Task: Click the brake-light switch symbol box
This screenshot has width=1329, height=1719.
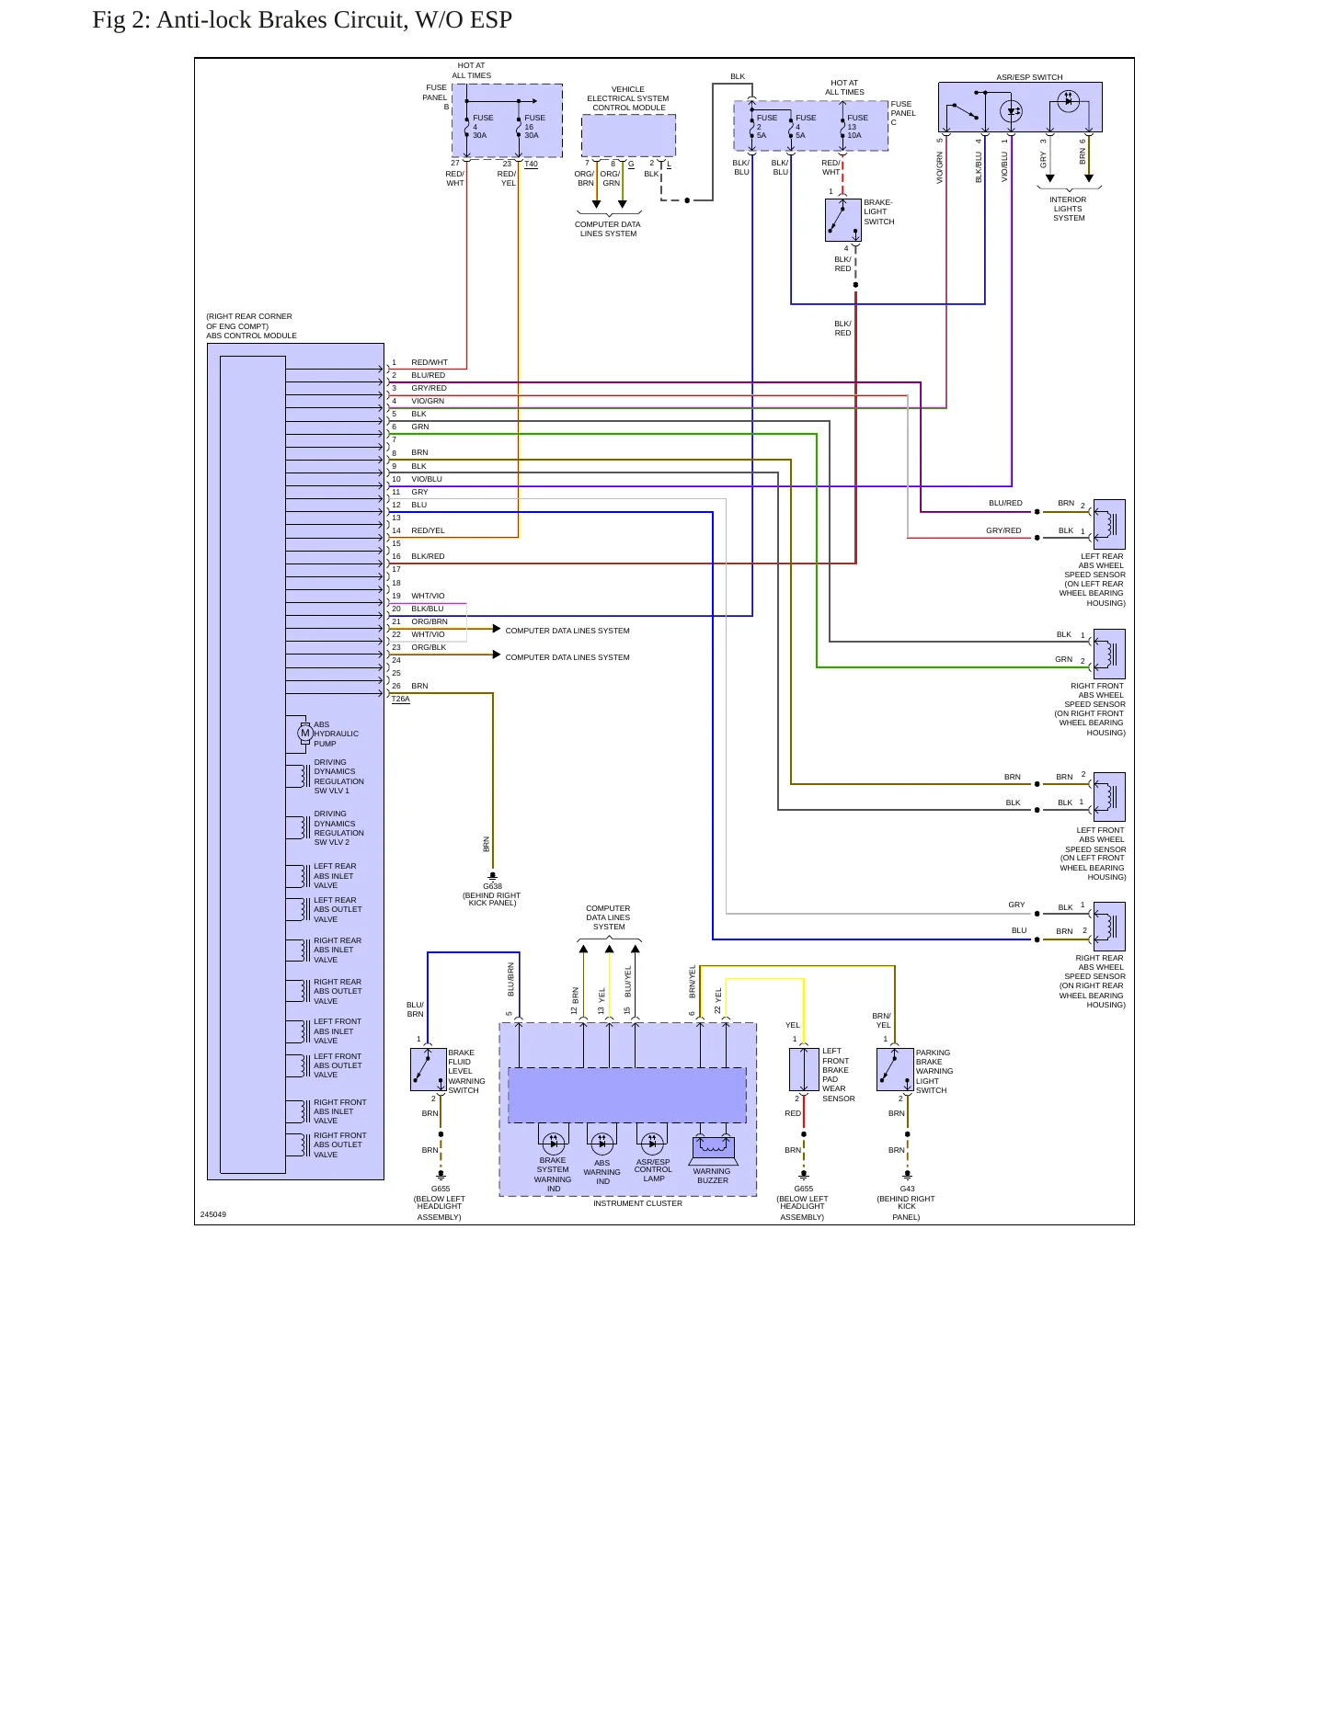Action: click(842, 220)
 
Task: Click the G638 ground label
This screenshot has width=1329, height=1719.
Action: click(493, 886)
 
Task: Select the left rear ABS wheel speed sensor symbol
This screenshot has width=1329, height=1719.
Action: click(1109, 524)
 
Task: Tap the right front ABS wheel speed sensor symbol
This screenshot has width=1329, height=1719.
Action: click(1109, 654)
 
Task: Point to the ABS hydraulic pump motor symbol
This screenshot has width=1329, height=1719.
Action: click(305, 733)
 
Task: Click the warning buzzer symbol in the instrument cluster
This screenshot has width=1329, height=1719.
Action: click(713, 1147)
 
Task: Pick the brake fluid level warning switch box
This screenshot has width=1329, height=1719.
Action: click(428, 1069)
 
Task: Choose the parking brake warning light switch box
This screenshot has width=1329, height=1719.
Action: click(895, 1069)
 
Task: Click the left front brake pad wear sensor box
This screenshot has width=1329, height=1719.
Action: click(804, 1069)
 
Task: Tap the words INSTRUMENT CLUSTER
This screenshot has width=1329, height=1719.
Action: click(637, 1203)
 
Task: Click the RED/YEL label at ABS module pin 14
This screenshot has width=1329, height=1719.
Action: click(428, 530)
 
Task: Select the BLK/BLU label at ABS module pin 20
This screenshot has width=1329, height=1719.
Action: click(427, 609)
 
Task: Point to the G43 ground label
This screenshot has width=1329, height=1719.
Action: click(907, 1189)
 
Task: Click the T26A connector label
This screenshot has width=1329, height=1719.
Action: click(400, 699)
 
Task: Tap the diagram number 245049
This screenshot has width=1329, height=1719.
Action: click(213, 1214)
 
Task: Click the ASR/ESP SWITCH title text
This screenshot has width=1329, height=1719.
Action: click(1029, 77)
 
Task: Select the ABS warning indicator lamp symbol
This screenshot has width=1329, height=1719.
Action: click(601, 1144)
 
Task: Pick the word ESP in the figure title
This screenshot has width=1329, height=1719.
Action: click(491, 19)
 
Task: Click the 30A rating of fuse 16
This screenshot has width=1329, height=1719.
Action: click(532, 135)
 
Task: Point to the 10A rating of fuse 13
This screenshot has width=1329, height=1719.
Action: click(854, 135)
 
